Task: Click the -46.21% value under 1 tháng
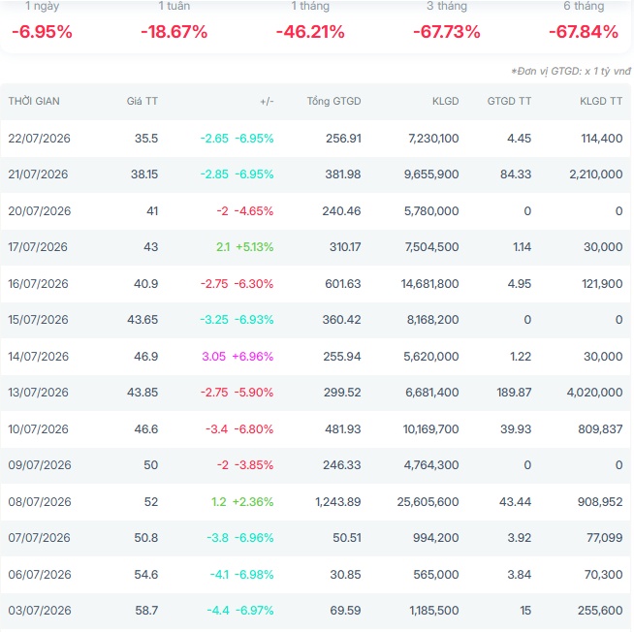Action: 310,32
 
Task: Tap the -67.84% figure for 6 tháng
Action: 584,32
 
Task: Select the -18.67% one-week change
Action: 174,32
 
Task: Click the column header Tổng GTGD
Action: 333,101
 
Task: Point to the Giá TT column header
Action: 142,101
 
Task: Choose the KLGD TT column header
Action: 601,101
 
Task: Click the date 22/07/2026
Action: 39,139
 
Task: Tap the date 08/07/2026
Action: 40,502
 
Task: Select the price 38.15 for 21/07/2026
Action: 143,174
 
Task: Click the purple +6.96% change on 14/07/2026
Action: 253,357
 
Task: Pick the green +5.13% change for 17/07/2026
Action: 255,247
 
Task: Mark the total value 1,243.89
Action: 338,502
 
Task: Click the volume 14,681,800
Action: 429,283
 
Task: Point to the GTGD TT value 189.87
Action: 514,393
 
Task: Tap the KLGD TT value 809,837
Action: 600,429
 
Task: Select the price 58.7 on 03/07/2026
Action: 146,610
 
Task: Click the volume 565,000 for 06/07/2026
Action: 436,574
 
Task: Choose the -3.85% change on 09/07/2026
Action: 254,465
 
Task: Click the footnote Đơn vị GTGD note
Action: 571,71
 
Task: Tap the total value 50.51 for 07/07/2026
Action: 346,538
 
